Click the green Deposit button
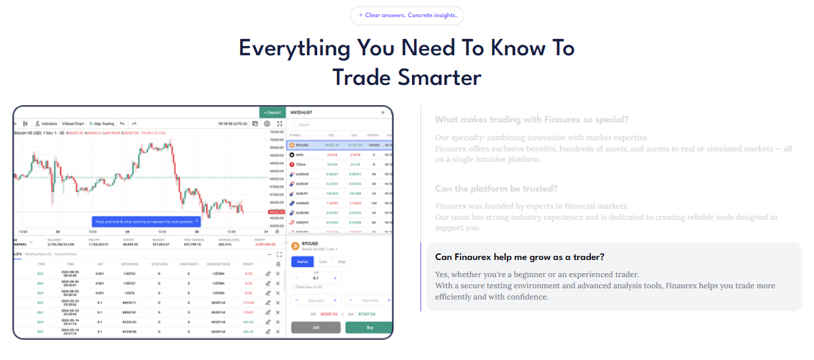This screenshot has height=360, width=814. (272, 113)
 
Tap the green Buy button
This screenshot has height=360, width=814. (369, 327)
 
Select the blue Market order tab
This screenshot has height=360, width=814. (302, 261)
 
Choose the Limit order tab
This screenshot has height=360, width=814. (323, 261)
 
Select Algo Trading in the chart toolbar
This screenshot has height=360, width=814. (102, 124)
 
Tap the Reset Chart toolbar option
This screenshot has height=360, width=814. (72, 124)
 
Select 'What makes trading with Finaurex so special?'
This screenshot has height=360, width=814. (532, 119)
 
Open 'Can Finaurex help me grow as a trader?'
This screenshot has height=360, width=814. (520, 257)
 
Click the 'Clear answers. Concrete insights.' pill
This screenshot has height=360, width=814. (407, 15)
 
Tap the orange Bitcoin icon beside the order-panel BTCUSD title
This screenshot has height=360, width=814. (293, 245)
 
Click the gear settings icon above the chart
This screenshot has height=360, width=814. (267, 124)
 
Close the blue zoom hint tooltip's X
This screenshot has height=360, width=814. (197, 221)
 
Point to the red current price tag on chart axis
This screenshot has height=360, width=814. (276, 212)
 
